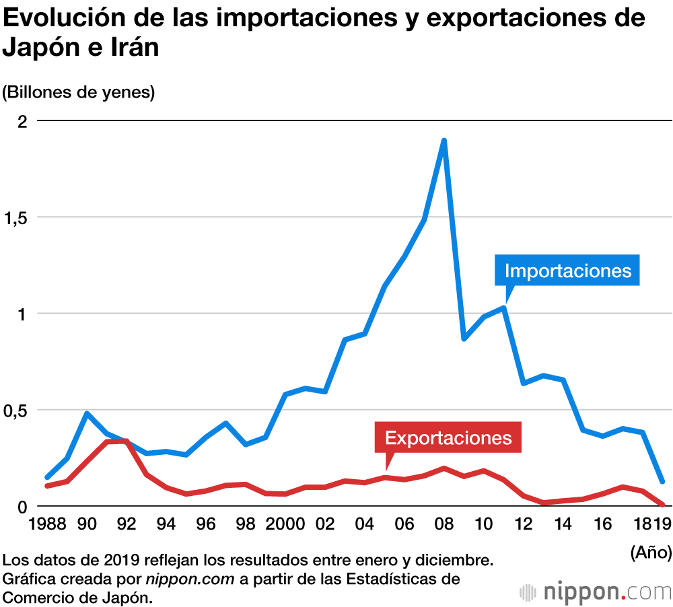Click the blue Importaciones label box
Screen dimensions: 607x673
pos(567,271)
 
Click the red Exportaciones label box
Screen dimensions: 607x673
pos(448,438)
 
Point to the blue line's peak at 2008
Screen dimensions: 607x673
pos(444,141)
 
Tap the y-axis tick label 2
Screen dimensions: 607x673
pos(22,121)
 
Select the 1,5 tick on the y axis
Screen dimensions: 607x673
pos(16,217)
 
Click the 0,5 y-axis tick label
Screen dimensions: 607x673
pos(16,410)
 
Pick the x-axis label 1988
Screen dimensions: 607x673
pos(47,524)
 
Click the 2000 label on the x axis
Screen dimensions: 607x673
pos(285,524)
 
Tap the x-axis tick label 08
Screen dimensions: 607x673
pos(444,524)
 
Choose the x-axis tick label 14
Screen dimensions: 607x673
pos(563,524)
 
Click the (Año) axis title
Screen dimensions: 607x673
pos(651,552)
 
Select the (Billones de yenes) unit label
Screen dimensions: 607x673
pos(79,92)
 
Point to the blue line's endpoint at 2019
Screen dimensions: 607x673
pos(662,481)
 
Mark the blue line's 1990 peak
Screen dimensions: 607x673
pos(87,413)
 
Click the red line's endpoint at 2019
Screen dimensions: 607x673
pos(663,504)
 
